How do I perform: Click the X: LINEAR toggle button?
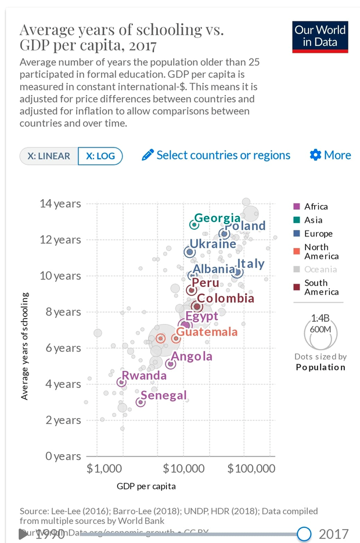coord(49,156)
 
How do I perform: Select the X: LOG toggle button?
coord(100,156)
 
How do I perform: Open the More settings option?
coord(330,155)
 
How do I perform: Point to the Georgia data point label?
coord(217,218)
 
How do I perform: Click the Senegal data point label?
coord(164,395)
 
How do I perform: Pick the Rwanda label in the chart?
coord(144,375)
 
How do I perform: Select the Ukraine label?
coord(213,244)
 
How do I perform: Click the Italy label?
coord(250,264)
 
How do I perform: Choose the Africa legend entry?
coord(315,207)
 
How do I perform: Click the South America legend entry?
coord(321,287)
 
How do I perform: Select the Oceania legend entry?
coord(320,269)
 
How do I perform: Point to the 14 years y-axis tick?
coord(60,204)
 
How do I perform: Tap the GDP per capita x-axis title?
coord(146,486)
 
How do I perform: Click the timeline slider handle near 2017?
coord(304,534)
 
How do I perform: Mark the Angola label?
coord(192,357)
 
